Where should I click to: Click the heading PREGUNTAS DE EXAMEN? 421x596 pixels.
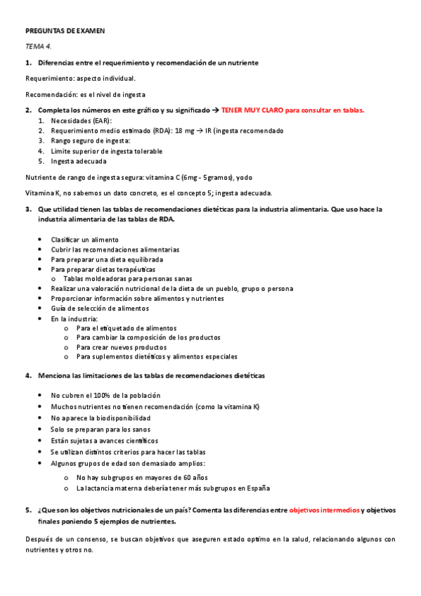tap(65, 32)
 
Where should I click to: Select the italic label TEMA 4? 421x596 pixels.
tap(39, 46)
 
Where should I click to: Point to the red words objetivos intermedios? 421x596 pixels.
tap(325, 510)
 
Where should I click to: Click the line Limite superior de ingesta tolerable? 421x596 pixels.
tap(106, 151)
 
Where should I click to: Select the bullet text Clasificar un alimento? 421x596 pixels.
tap(84, 240)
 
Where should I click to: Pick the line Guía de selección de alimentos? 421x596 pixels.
tap(100, 309)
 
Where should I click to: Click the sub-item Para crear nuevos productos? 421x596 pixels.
tap(122, 347)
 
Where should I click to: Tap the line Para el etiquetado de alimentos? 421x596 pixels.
tap(127, 328)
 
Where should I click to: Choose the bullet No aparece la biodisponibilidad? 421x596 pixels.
tap(101, 418)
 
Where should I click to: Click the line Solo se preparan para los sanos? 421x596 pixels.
tap(100, 429)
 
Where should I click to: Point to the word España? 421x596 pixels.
tap(255, 488)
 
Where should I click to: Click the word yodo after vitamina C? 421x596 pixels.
tap(262, 176)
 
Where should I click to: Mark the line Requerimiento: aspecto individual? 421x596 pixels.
tap(80, 78)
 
